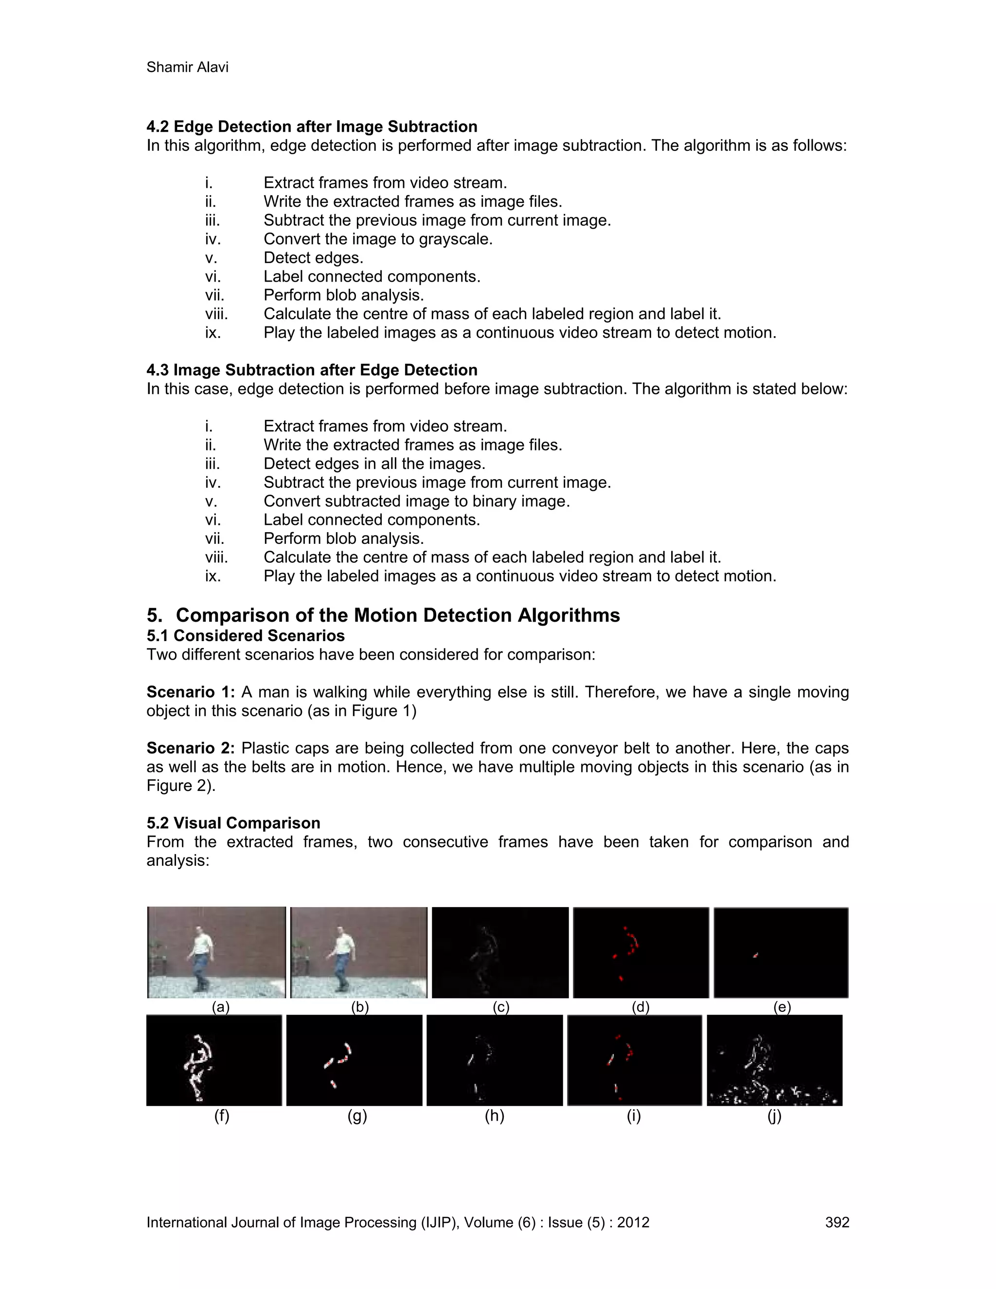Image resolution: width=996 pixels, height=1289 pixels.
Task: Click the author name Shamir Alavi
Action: click(x=187, y=67)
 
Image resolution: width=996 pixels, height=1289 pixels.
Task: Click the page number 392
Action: click(x=836, y=1222)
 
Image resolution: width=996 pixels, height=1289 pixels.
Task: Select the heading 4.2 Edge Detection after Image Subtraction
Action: click(x=312, y=127)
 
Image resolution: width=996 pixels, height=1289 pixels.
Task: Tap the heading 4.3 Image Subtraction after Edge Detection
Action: click(x=312, y=370)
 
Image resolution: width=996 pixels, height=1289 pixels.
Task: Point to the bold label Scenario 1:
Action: click(x=191, y=692)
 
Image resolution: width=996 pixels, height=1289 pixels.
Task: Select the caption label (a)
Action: click(x=221, y=1007)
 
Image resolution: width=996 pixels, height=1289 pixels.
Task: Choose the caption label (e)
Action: click(x=782, y=1007)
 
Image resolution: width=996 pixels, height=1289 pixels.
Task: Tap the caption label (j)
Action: click(x=774, y=1115)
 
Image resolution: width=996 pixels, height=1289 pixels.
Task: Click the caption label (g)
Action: click(x=357, y=1115)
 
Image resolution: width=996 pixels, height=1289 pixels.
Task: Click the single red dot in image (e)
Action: click(x=755, y=955)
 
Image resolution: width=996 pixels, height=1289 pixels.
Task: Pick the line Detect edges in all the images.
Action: click(x=374, y=464)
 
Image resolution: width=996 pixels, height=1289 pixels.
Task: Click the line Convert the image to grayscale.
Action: click(x=377, y=239)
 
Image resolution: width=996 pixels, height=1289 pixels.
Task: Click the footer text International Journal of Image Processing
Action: click(x=330, y=1222)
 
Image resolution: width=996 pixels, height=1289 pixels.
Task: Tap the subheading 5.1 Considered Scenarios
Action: click(x=246, y=636)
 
